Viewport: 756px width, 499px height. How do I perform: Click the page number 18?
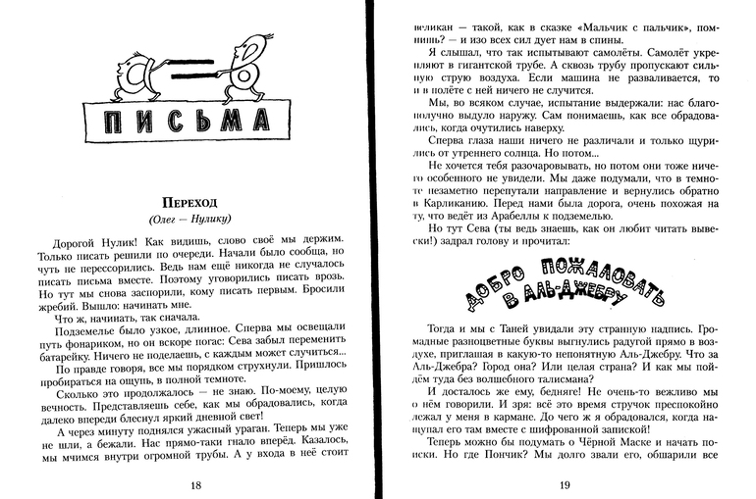196,484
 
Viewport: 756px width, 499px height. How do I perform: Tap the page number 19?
564,484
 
